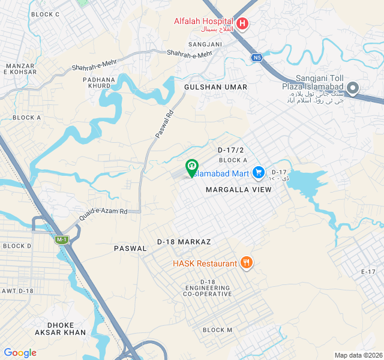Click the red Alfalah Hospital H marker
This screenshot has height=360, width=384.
pyautogui.click(x=242, y=24)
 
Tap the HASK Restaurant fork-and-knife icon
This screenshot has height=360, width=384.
pyautogui.click(x=246, y=263)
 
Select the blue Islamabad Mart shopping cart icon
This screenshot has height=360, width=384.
pyautogui.click(x=259, y=173)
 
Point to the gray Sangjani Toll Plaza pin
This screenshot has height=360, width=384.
pyautogui.click(x=353, y=89)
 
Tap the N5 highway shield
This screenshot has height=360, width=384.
pyautogui.click(x=257, y=58)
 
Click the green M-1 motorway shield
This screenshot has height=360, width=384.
pyautogui.click(x=61, y=240)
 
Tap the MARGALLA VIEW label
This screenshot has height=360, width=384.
pyautogui.click(x=239, y=190)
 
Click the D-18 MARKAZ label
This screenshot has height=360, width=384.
pyautogui.click(x=184, y=241)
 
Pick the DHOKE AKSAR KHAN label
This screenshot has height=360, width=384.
pyautogui.click(x=66, y=328)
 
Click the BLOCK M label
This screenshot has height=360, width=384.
pyautogui.click(x=217, y=330)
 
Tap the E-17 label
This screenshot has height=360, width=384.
pyautogui.click(x=368, y=272)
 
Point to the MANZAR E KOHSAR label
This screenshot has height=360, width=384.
pyautogui.click(x=22, y=68)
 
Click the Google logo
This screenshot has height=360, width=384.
pyautogui.click(x=20, y=353)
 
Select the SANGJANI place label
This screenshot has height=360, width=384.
pyautogui.click(x=205, y=44)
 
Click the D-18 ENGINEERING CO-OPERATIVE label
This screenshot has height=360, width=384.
pyautogui.click(x=208, y=288)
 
